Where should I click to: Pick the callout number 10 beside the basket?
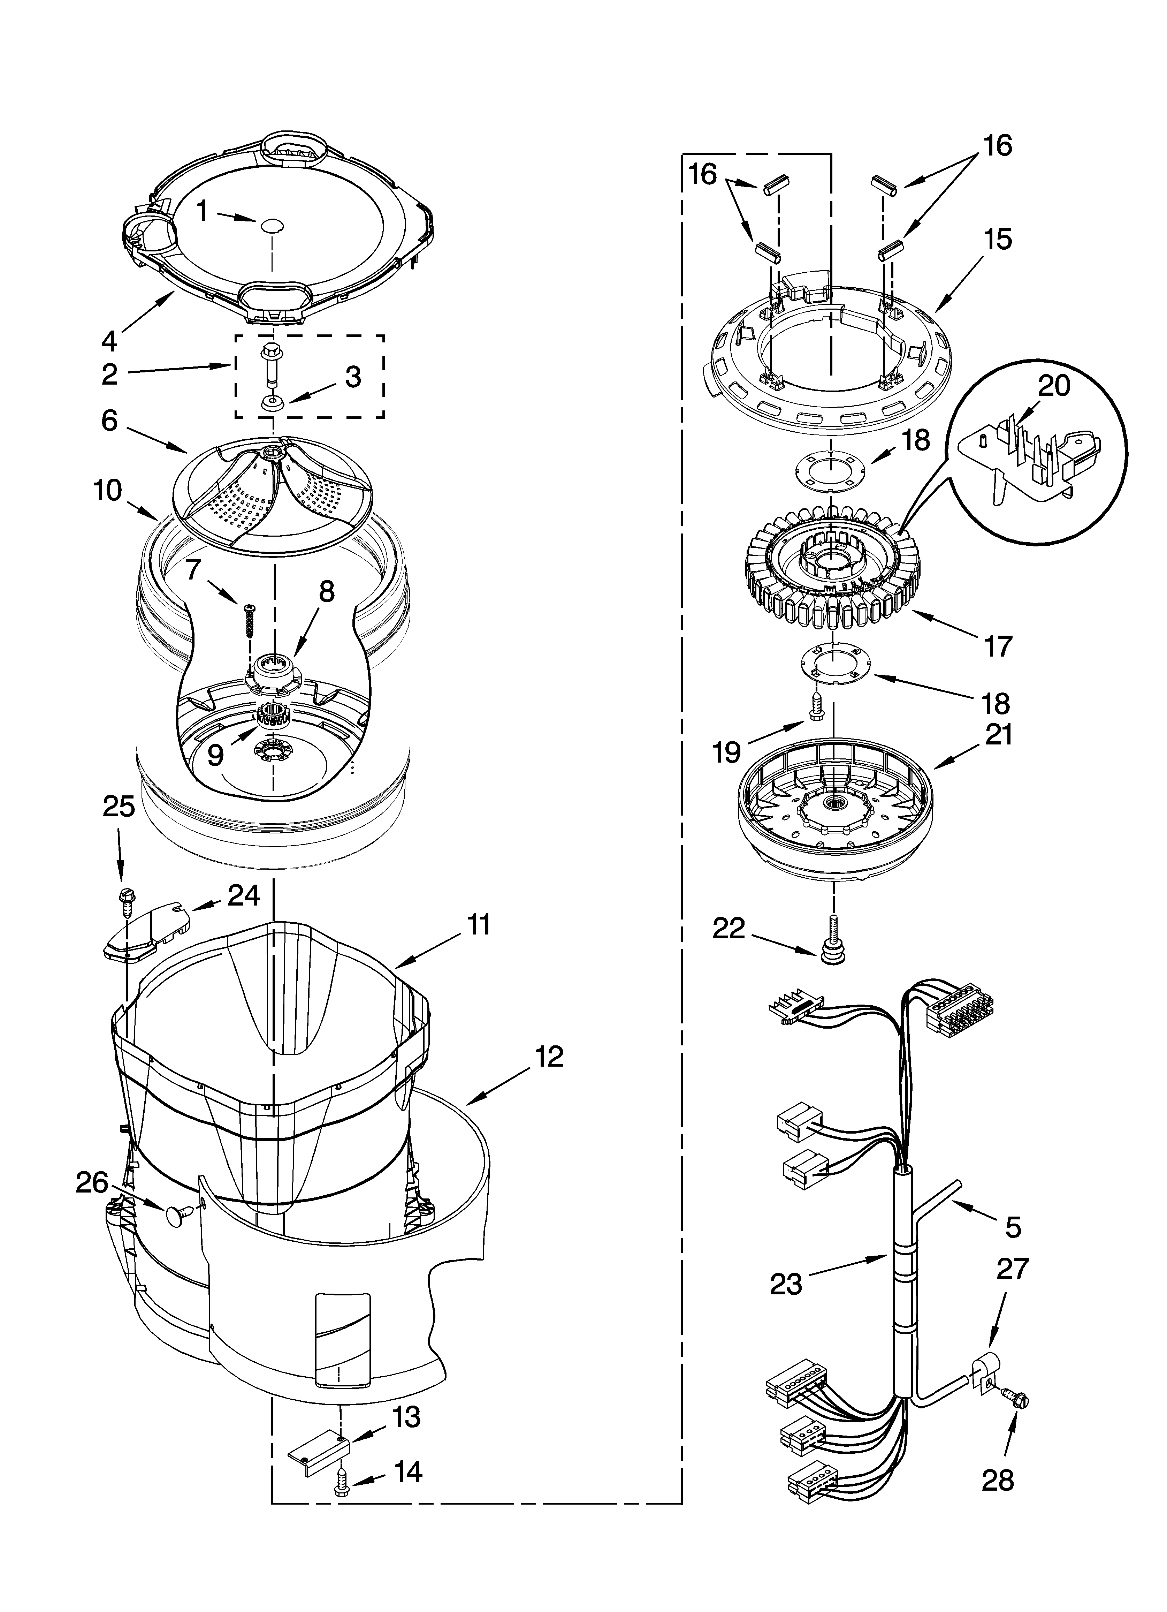107,490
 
